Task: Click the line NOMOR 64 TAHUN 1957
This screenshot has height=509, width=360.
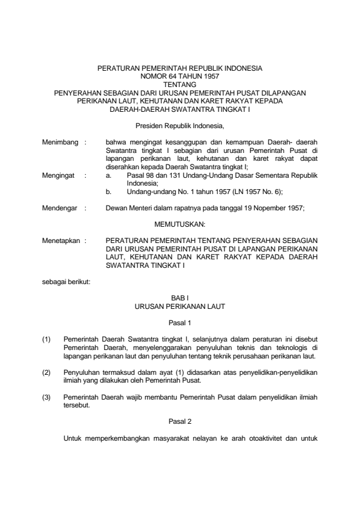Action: [x=180, y=77]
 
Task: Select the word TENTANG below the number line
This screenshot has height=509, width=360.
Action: [x=180, y=85]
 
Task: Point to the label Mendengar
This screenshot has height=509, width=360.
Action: [x=59, y=208]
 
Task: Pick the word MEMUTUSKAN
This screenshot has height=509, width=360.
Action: [x=180, y=223]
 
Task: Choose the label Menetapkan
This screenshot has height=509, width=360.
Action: [x=60, y=240]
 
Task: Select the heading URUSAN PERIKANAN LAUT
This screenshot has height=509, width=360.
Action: [x=180, y=307]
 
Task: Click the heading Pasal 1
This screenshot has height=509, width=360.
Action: [x=180, y=323]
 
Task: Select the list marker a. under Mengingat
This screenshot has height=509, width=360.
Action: [x=108, y=175]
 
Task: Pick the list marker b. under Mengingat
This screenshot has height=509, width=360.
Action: [x=108, y=191]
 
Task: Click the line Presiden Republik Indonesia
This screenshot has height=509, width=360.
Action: [x=180, y=126]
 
